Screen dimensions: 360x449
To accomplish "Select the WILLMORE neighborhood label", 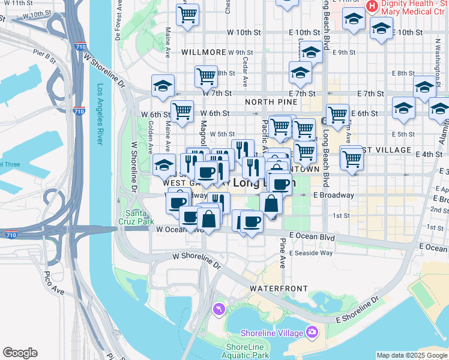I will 203,53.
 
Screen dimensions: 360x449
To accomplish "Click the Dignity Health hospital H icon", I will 372,7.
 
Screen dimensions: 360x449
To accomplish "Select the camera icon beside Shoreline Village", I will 312,332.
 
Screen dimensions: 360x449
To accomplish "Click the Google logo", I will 20,353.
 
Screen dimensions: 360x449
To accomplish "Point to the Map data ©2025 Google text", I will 411,355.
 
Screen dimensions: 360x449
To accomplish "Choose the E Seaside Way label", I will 311,253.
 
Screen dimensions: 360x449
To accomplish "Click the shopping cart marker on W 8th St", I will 206,76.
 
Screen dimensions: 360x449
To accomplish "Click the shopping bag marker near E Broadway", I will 271,203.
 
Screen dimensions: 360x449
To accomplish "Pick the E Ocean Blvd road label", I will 312,237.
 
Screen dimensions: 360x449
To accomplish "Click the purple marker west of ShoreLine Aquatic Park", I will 219,308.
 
